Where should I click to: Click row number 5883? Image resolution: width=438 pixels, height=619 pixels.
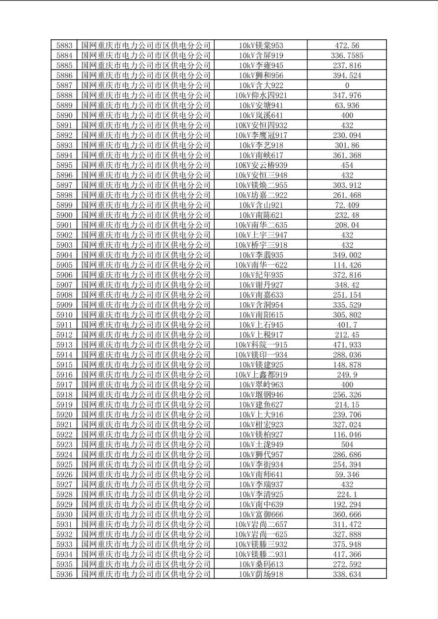64,46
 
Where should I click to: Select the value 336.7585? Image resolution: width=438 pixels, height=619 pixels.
347,55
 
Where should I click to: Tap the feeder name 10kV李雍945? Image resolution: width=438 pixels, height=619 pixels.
261,65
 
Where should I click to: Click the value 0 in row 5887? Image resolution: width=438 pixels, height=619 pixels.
347,85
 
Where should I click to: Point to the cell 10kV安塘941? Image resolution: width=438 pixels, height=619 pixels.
261,105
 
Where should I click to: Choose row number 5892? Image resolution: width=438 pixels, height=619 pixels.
64,135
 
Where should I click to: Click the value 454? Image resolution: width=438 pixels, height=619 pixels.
347,165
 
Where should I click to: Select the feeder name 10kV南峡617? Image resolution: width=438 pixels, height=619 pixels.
261,155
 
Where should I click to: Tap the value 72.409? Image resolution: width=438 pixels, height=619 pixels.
347,205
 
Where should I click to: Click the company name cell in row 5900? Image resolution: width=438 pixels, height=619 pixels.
146,215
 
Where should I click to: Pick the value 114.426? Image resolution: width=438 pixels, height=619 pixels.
347,265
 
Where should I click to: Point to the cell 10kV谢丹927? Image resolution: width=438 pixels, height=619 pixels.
261,285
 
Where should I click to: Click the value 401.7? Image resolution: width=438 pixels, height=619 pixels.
347,325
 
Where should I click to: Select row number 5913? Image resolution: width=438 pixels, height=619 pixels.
64,345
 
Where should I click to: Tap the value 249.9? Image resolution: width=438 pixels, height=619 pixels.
347,375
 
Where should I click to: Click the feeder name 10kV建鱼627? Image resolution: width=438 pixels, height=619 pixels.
261,405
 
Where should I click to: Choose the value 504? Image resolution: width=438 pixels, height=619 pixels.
347,444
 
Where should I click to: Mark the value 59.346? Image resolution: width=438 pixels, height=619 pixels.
347,474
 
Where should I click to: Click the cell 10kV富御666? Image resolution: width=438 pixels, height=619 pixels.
261,514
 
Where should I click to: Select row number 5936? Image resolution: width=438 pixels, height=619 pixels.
64,574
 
